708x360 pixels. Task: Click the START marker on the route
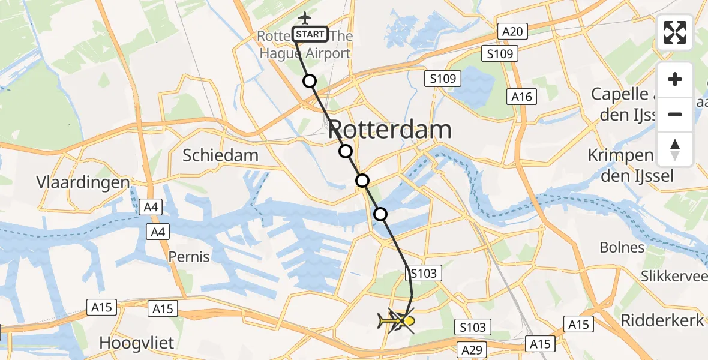click(310, 34)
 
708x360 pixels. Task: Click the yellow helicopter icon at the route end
click(397, 322)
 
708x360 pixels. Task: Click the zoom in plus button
click(675, 80)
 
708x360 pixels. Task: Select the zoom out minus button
click(675, 114)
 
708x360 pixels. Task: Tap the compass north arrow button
click(675, 149)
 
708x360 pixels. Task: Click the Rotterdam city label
click(390, 130)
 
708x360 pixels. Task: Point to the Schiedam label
click(220, 155)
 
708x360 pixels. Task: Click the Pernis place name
click(188, 257)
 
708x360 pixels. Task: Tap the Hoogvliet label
click(136, 343)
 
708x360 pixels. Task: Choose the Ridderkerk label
click(662, 320)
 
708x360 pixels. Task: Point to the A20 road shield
click(512, 32)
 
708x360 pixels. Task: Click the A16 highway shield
click(521, 97)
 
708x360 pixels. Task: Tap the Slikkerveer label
click(673, 277)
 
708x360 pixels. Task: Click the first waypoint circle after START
click(309, 81)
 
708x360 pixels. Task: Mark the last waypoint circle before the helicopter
click(380, 214)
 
